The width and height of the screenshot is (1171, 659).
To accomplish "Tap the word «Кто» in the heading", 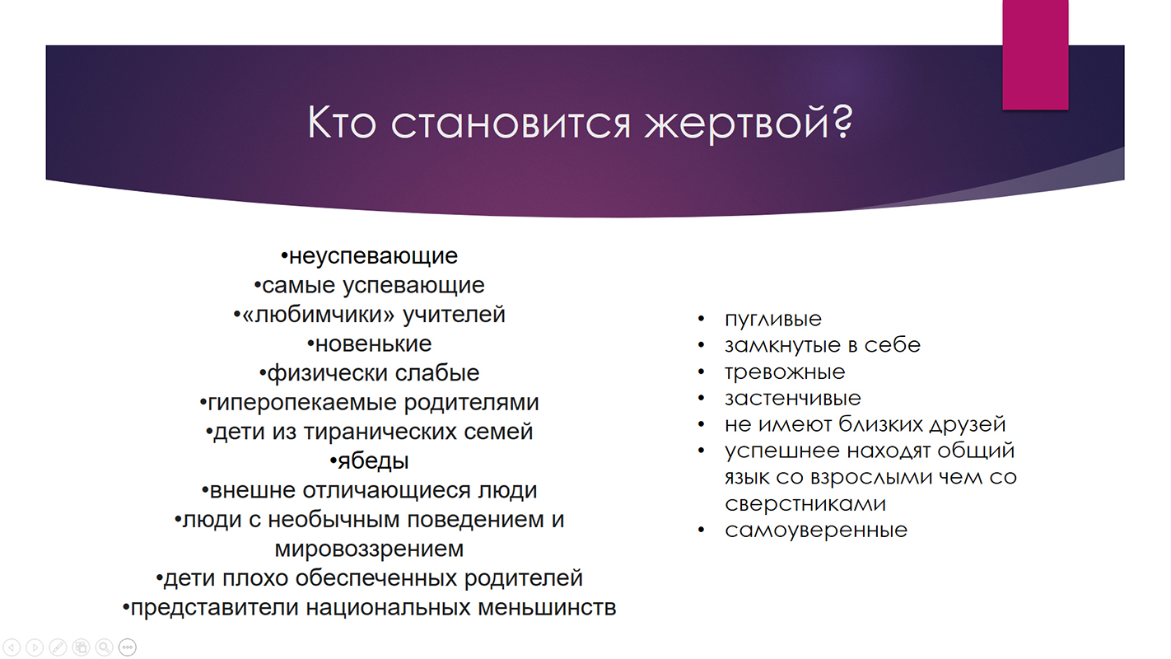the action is coord(342,123).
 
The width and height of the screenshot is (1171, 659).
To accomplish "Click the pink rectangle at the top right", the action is coord(1035,55).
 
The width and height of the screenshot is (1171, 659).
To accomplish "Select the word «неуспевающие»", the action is coord(373,256).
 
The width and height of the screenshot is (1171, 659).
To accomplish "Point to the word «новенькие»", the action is coord(373,344).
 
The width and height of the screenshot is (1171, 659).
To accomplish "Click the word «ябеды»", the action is coord(373,461).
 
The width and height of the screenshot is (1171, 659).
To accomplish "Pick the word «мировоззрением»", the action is coord(369,549).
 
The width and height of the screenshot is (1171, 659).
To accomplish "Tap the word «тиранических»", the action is coord(380,432).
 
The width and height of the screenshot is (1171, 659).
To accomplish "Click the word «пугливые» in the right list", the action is coord(772,319).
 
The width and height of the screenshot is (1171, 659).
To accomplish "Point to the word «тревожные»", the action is coord(785,372).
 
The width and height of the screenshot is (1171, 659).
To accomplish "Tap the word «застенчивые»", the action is coord(792,399).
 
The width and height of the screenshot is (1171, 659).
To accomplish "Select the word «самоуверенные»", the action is coord(816,530).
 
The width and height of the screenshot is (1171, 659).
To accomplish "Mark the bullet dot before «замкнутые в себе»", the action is coord(701,345).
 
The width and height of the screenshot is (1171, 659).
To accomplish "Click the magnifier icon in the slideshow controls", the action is coord(104,647).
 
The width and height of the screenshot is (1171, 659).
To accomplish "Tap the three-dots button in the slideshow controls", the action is coord(127,647).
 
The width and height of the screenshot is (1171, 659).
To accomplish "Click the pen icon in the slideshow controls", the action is coord(58,647).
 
